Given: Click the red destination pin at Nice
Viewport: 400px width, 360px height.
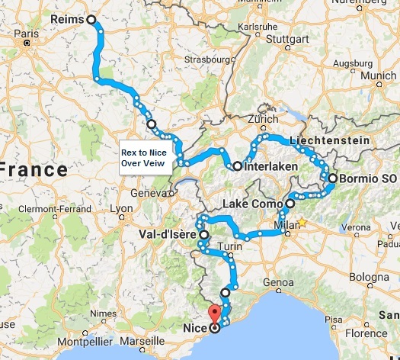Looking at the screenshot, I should point(214,313).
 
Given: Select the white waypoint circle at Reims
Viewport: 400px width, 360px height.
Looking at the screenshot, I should point(92,20).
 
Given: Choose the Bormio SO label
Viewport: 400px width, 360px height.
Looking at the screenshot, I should point(366,178).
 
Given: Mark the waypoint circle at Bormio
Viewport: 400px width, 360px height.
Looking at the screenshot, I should point(333,178).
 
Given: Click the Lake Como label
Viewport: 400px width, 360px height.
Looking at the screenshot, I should point(253,204).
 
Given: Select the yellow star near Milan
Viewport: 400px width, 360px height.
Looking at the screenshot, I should point(302,223).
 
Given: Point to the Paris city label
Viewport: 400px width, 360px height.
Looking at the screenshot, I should point(30,34).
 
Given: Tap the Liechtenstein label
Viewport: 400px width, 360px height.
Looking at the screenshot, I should point(325,141).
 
